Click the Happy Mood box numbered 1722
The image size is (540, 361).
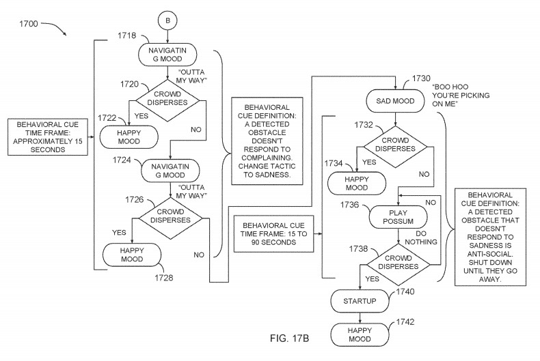(x=130, y=136)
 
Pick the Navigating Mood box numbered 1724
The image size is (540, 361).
(x=169, y=170)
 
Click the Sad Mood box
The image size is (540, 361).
(x=396, y=100)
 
